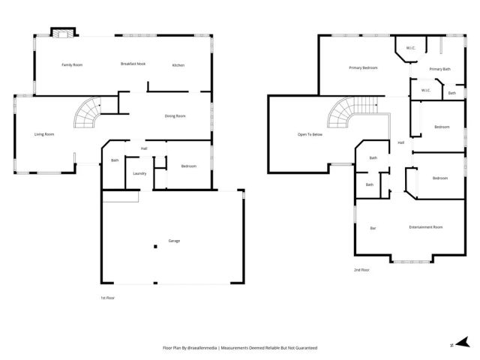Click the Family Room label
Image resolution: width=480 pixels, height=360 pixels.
click(x=72, y=65)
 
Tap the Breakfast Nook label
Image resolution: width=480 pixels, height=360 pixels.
click(x=133, y=64)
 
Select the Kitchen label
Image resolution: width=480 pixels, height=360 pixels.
click(x=178, y=65)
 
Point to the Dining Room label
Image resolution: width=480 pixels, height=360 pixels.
click(x=175, y=115)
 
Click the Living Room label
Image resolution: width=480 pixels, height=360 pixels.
click(x=44, y=134)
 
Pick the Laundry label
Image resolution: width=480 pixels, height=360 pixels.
click(x=139, y=174)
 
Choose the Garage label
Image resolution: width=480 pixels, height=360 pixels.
click(x=174, y=241)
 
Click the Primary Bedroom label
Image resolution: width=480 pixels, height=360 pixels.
click(x=363, y=68)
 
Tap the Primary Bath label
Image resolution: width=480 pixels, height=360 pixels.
click(x=440, y=69)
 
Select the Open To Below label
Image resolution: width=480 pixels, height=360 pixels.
click(x=310, y=134)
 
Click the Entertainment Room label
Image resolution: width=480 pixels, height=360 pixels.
click(x=425, y=227)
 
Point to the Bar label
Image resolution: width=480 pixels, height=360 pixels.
click(x=373, y=228)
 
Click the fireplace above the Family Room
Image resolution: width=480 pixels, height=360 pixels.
click(x=61, y=33)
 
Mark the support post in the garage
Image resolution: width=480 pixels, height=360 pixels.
click(x=155, y=246)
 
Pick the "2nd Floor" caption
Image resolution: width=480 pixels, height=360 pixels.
click(x=362, y=270)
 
